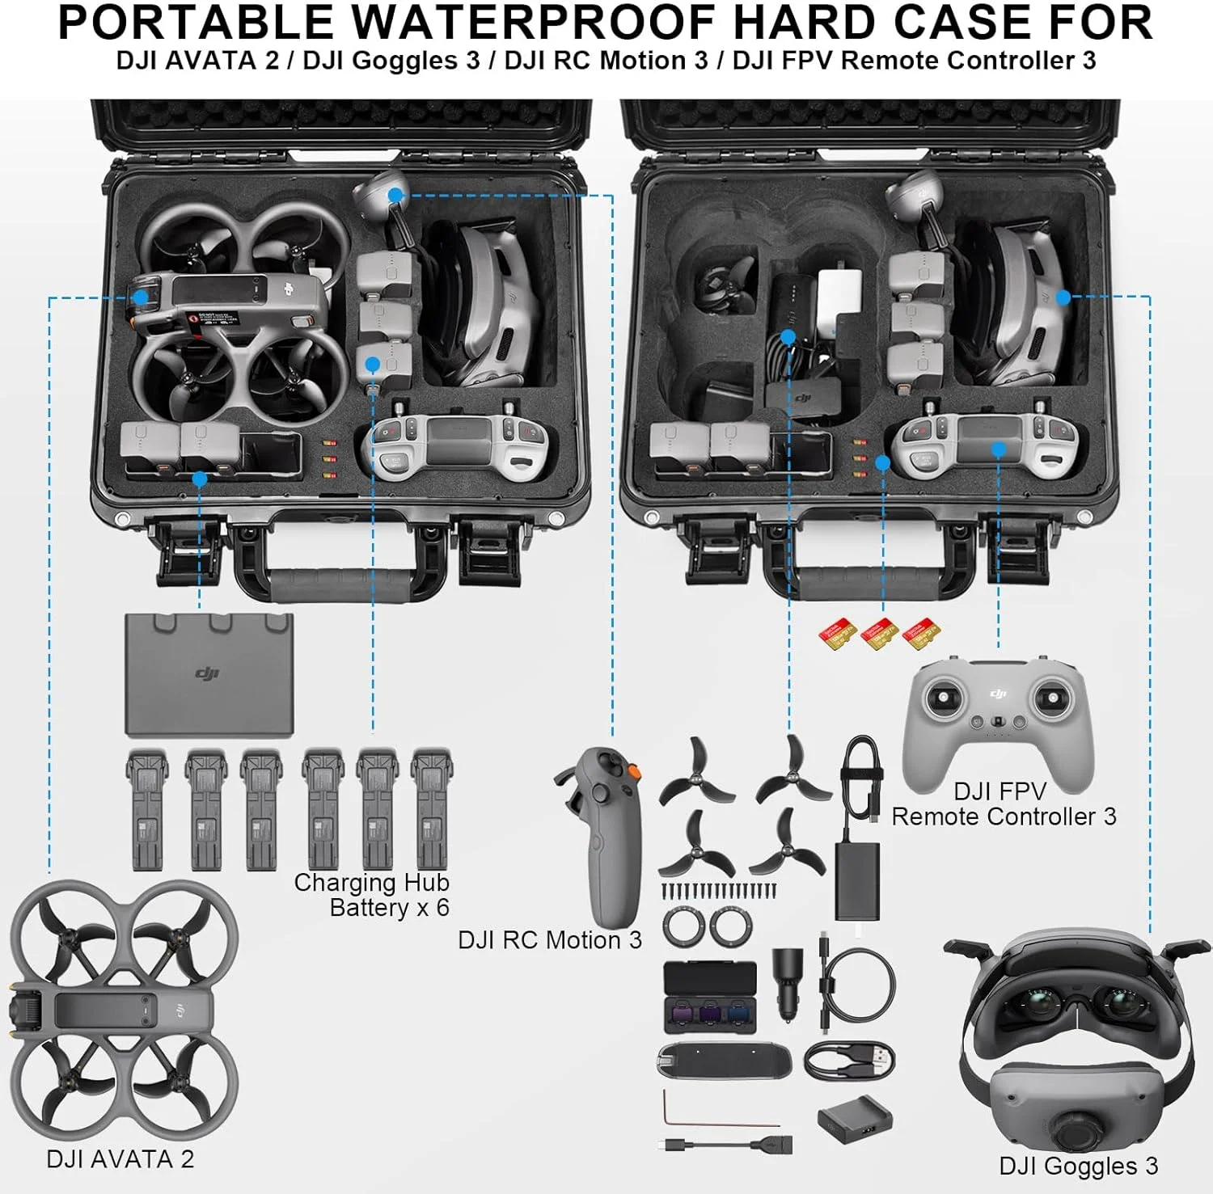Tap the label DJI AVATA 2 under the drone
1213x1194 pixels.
coord(120,1158)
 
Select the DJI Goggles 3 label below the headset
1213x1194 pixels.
coord(1078,1165)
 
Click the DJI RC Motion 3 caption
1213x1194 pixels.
coord(549,939)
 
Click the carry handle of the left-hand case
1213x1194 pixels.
coord(340,583)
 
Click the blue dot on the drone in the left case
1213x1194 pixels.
coord(141,297)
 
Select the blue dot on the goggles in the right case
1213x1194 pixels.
coord(1063,297)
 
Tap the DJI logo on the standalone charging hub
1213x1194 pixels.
coord(208,673)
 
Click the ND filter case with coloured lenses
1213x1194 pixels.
coord(709,998)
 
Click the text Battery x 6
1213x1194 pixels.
coord(389,908)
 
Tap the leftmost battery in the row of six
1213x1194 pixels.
coord(147,808)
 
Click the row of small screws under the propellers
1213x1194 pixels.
coord(718,891)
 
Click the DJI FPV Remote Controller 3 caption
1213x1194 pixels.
coord(1003,804)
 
